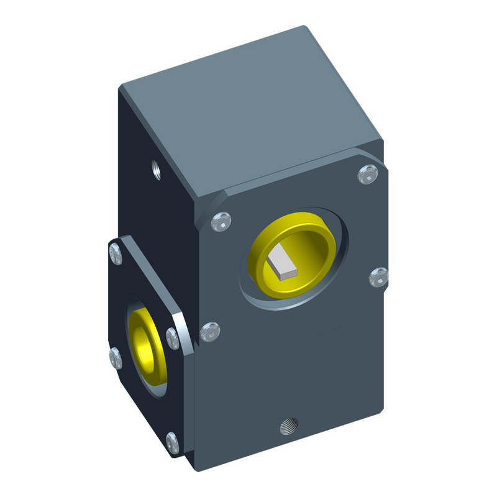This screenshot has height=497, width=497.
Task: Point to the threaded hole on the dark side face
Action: pos(156,168)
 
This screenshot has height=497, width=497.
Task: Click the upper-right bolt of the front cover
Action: pos(367,175)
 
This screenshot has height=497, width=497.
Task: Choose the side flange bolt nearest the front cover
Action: pos(173,339)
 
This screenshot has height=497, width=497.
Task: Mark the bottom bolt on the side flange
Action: pos(172,442)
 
